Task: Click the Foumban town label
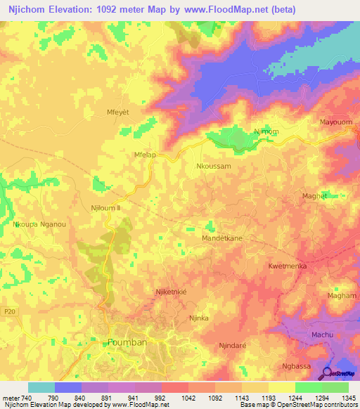coord(128,343)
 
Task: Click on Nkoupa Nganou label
coord(39,224)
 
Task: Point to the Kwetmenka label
coord(288,266)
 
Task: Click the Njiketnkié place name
coord(172,291)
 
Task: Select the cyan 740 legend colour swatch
coord(41,387)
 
